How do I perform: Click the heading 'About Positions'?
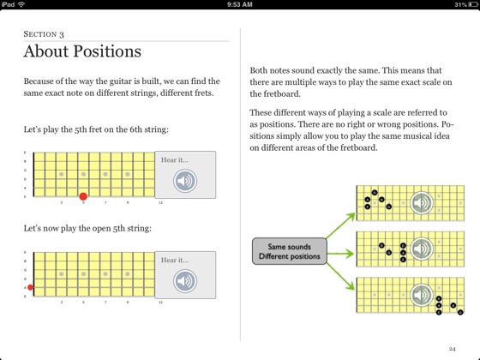(x=82, y=51)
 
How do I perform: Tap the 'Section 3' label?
(x=45, y=33)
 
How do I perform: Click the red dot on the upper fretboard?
(x=83, y=196)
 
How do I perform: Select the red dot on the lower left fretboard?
(x=31, y=287)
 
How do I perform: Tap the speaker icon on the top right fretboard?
(x=420, y=203)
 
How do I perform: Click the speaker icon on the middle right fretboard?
(x=420, y=249)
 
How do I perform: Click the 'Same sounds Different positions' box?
(x=287, y=250)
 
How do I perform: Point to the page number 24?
(x=453, y=349)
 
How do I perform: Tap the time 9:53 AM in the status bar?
(x=240, y=4)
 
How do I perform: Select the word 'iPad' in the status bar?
(x=9, y=4)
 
